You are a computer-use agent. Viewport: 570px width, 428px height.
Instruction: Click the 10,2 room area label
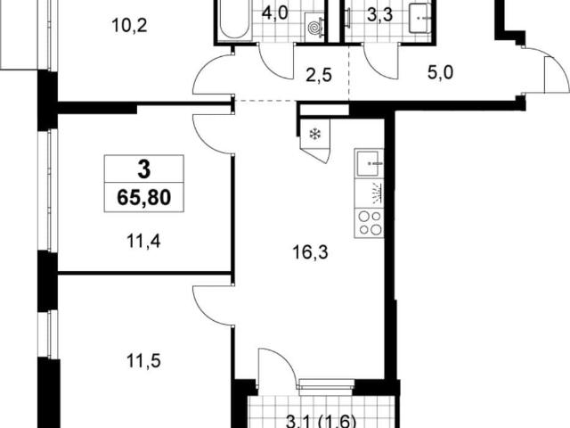(x=129, y=26)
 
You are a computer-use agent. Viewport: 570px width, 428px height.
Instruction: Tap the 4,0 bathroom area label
(x=275, y=13)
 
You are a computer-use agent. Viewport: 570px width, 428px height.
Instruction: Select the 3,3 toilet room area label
(x=379, y=16)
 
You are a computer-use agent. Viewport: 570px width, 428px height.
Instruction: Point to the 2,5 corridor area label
(x=319, y=75)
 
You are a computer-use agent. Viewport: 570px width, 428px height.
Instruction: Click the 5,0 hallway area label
(x=440, y=73)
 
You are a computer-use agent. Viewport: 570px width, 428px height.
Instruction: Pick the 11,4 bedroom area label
(x=143, y=241)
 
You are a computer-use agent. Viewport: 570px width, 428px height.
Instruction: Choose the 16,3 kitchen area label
(x=310, y=251)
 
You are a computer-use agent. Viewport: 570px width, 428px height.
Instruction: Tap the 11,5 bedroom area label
(x=143, y=361)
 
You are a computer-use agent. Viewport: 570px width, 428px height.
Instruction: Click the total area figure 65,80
(x=144, y=198)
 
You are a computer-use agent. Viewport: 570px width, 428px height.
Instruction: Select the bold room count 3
(x=144, y=169)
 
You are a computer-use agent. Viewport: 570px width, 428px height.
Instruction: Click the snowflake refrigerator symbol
(x=314, y=135)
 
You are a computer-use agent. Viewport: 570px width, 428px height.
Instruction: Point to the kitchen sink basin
(x=369, y=163)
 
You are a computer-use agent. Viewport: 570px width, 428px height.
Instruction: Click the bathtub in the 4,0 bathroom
(x=234, y=19)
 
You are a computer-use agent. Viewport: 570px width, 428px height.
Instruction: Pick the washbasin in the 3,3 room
(x=419, y=18)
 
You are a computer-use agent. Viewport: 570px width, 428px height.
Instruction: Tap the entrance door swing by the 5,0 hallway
(x=556, y=73)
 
